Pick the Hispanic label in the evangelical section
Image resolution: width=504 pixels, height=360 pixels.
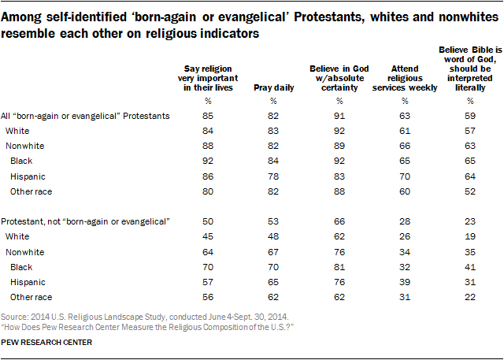click(x=28, y=177)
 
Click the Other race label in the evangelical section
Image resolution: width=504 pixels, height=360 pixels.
click(x=31, y=192)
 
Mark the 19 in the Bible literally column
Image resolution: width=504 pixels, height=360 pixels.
click(x=470, y=237)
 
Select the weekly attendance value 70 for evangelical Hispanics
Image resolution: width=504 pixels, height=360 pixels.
click(x=403, y=177)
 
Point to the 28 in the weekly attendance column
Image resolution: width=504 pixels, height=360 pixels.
click(x=403, y=222)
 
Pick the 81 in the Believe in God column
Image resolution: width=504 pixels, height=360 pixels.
click(x=340, y=266)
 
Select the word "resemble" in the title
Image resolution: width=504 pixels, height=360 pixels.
click(x=30, y=35)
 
